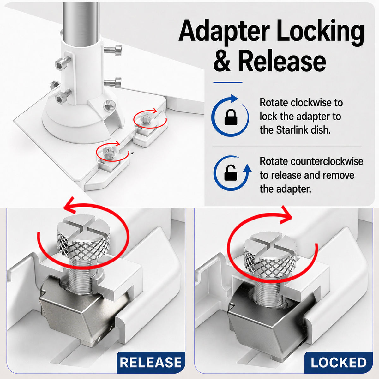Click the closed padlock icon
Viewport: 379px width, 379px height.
click(x=230, y=118)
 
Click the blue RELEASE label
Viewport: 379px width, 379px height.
click(x=151, y=362)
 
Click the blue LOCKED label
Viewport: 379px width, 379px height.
click(x=339, y=362)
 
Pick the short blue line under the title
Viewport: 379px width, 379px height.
click(x=228, y=82)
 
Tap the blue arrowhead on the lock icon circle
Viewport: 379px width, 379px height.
click(x=234, y=99)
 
